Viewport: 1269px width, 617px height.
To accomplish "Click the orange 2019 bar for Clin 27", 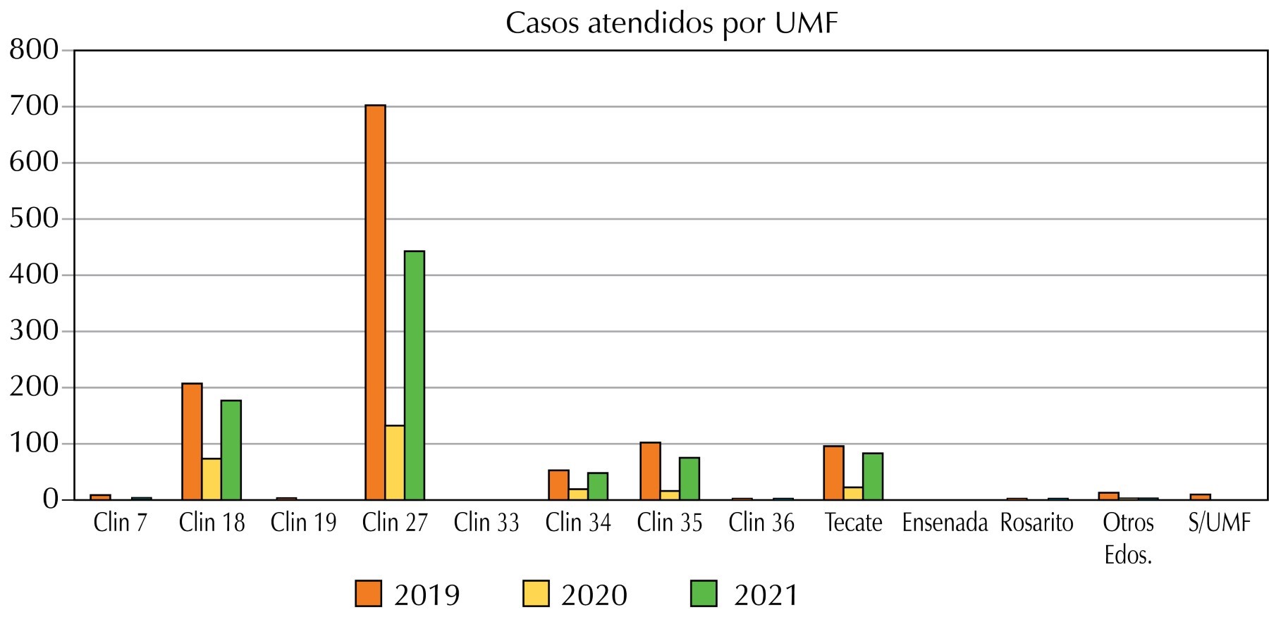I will pyautogui.click(x=375, y=302).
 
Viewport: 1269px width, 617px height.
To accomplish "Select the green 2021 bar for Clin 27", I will pyautogui.click(x=415, y=375).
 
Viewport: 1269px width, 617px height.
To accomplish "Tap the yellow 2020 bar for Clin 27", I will pyautogui.click(x=395, y=462).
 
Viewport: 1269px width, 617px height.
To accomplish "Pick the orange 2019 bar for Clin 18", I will pyautogui.click(x=192, y=442).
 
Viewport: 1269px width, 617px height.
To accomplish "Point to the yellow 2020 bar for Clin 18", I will pyautogui.click(x=211, y=479).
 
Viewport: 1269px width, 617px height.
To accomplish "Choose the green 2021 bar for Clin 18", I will pyautogui.click(x=231, y=450).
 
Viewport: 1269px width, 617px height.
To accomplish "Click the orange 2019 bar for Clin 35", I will pyautogui.click(x=650, y=470).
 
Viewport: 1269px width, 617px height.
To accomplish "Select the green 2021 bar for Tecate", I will pyautogui.click(x=873, y=476).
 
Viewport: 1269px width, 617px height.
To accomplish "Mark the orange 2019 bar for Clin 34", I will pyautogui.click(x=558, y=485).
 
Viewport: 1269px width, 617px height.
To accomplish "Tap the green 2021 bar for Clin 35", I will pyautogui.click(x=689, y=478).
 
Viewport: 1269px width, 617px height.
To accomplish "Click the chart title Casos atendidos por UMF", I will pyautogui.click(x=671, y=24).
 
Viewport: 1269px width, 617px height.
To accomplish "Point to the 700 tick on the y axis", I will pyautogui.click(x=34, y=106).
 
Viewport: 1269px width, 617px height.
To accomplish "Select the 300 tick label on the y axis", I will pyautogui.click(x=34, y=331).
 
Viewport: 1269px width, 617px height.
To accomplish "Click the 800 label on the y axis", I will pyautogui.click(x=34, y=51).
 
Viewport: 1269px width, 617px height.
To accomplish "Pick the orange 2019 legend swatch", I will pyautogui.click(x=368, y=594).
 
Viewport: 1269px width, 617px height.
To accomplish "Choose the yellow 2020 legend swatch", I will pyautogui.click(x=536, y=594).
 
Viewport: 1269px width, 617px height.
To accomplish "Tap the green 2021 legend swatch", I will pyautogui.click(x=703, y=594).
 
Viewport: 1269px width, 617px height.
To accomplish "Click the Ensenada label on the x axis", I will pyautogui.click(x=945, y=523).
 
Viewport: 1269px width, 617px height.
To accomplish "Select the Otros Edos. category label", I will pyautogui.click(x=1128, y=538).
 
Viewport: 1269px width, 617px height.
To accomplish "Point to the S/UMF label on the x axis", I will pyautogui.click(x=1219, y=523).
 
